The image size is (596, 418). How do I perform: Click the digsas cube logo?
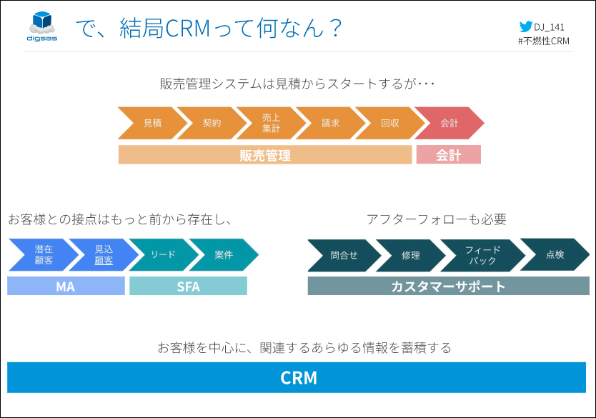(x=42, y=26)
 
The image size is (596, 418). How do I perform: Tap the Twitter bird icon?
(x=526, y=26)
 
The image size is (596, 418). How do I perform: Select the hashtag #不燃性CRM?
(x=544, y=41)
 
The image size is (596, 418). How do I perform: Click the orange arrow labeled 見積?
(x=152, y=123)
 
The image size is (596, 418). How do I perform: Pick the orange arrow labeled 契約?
(x=212, y=123)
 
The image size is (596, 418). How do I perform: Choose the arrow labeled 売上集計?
(x=271, y=123)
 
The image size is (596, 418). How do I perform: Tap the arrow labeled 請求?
(x=330, y=123)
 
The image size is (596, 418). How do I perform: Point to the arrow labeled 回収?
(x=389, y=123)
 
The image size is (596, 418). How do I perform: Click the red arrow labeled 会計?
(x=449, y=123)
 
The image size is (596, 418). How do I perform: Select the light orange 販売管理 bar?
(x=265, y=154)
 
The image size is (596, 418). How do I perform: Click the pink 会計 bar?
(x=449, y=154)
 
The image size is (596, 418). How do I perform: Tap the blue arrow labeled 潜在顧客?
(x=44, y=254)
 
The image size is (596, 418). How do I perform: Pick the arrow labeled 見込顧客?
(x=104, y=254)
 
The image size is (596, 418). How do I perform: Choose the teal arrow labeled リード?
(x=164, y=254)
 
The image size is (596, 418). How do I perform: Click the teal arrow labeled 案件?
(x=224, y=254)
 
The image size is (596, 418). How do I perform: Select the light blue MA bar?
(x=66, y=286)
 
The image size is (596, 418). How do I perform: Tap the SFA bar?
(x=188, y=286)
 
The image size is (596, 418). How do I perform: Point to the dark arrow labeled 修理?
(x=411, y=255)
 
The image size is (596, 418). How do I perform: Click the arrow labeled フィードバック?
(x=482, y=255)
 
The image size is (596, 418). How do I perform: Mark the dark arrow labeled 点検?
(x=555, y=254)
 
